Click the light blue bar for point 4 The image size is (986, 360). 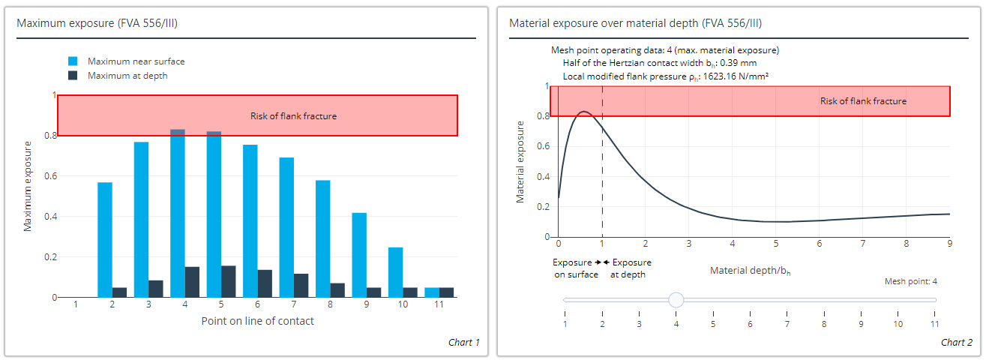coord(178,214)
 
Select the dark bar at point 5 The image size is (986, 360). coord(229,282)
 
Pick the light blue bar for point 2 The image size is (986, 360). coord(105,240)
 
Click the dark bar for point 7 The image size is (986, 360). coord(301,286)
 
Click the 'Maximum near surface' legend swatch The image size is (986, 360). coord(73,61)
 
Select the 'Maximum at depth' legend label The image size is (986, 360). coord(127,76)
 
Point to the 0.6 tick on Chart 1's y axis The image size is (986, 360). coord(50,176)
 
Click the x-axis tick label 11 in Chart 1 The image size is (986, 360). coord(439,305)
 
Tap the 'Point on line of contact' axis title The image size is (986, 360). coord(257,321)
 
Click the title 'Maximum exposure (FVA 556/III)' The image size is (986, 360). coord(97,23)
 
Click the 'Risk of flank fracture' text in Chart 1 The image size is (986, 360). coord(293,116)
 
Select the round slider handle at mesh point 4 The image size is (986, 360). coord(676,300)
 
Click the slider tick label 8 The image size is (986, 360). coord(823,324)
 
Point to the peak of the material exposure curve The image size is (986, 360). coord(585,112)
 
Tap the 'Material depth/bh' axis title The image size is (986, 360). coord(750,270)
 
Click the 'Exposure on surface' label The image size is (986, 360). coord(575,268)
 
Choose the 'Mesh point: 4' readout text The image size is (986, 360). coord(911,282)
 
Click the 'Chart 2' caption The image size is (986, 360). coord(957,343)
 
